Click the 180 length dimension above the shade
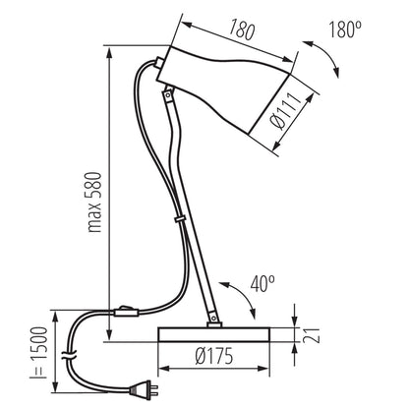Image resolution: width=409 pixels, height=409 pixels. [x=242, y=29]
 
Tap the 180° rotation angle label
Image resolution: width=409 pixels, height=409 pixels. [x=345, y=29]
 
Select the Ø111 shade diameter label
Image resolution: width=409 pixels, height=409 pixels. [x=285, y=111]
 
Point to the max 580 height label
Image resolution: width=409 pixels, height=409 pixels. [x=94, y=202]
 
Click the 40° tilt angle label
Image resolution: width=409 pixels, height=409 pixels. [x=263, y=284]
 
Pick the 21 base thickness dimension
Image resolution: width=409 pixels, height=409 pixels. [x=311, y=335]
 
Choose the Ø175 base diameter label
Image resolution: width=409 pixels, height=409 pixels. [x=214, y=356]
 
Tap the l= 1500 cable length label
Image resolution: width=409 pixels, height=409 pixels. [x=39, y=353]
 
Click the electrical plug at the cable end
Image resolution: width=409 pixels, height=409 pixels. [x=144, y=389]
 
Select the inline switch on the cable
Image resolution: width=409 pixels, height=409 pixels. [x=126, y=312]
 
